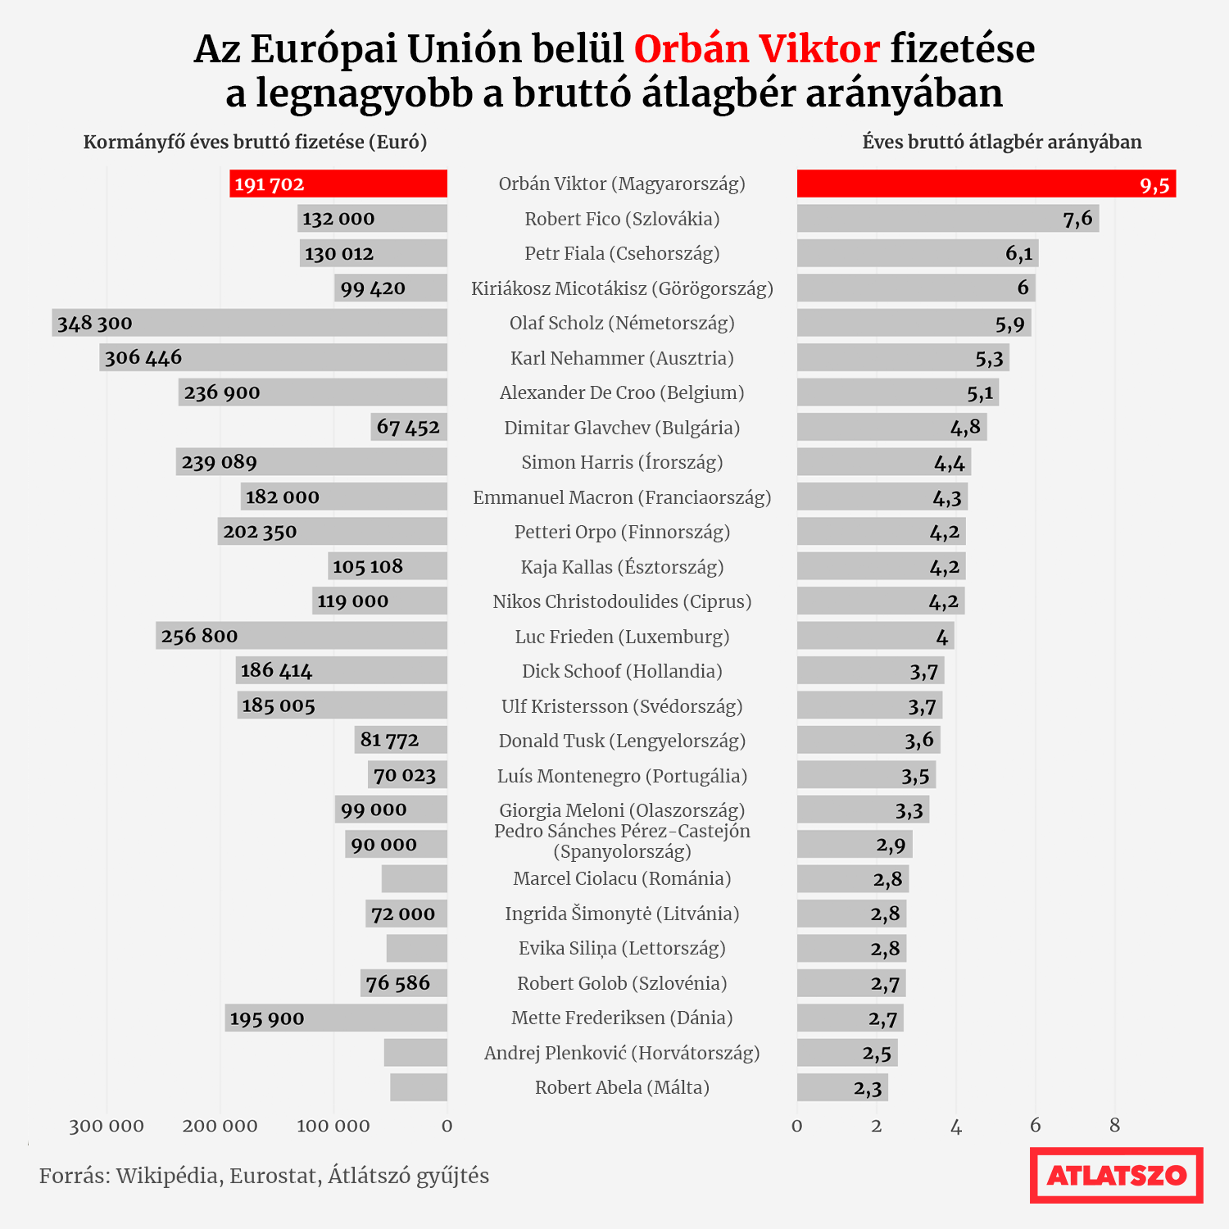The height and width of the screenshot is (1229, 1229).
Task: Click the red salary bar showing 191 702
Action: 338,184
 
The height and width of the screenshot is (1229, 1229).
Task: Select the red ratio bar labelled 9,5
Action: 986,184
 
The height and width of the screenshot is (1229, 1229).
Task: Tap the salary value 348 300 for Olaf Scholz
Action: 95,323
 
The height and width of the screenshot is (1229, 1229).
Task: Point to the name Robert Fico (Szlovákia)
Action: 622,219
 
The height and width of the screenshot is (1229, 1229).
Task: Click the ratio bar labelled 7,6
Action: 947,219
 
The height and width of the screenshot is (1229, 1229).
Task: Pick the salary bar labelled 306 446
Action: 273,357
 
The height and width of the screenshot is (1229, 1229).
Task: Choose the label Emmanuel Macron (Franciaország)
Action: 622,497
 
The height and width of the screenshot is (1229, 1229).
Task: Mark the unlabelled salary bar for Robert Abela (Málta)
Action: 419,1087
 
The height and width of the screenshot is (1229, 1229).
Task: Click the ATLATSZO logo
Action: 1116,1175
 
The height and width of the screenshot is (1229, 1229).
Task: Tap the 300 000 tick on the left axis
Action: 107,1126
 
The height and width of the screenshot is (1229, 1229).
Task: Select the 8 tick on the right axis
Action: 1114,1126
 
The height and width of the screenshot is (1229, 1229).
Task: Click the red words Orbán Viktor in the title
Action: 756,49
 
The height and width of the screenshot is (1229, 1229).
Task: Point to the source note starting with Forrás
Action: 264,1176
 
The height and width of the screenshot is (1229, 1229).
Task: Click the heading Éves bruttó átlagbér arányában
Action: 1001,142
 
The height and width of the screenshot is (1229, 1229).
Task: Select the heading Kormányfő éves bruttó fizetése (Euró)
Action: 255,142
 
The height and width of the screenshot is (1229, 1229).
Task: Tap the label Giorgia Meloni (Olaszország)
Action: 622,810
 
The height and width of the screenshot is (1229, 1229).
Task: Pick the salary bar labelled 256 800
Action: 302,636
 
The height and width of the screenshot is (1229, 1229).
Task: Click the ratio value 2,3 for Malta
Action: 868,1088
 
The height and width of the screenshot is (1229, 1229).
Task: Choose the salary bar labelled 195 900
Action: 336,1018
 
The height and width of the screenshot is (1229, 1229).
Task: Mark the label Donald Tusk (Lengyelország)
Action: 622,741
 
